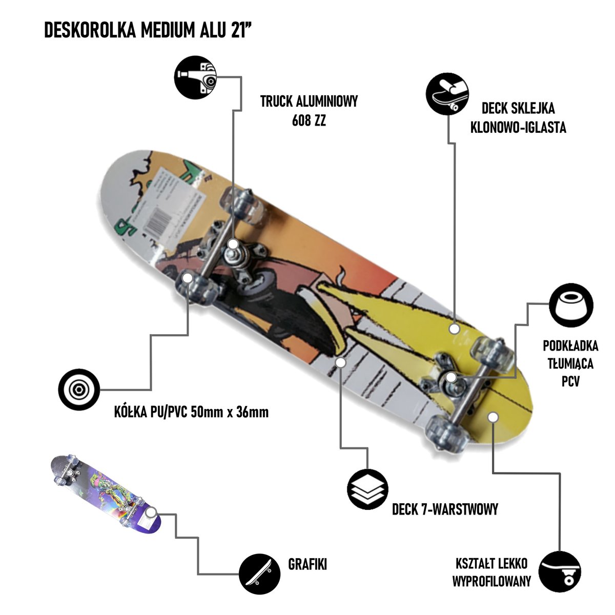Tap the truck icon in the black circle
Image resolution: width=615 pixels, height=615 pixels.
[195, 77]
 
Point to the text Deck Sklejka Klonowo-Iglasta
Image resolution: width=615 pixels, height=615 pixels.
[518, 118]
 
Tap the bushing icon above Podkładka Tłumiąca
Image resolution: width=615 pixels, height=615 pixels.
[571, 306]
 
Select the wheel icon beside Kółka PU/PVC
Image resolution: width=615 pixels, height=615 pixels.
[78, 389]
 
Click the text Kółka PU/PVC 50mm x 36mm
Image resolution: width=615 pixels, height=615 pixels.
[192, 412]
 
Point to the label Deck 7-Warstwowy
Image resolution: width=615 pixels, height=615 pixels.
[445, 509]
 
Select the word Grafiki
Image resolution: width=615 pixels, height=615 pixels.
[307, 565]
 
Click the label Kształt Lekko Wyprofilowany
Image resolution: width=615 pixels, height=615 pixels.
[491, 572]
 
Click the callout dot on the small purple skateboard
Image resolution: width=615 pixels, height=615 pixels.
[151, 513]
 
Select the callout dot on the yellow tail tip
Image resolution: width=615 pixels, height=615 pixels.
[493, 417]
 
